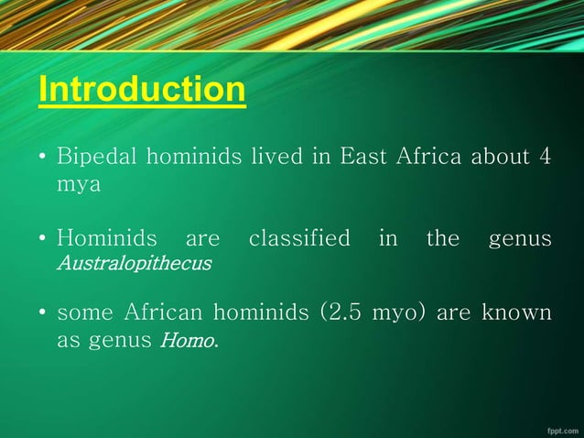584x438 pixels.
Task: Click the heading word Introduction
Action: point(142,90)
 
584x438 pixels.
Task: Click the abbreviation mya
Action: point(78,183)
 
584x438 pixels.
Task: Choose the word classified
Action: point(299,238)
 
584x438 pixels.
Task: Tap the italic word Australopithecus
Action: point(134,264)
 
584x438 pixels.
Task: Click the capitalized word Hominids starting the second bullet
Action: point(103,238)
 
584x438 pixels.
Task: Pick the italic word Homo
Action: point(189,341)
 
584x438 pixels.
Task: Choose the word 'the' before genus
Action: point(443,238)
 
